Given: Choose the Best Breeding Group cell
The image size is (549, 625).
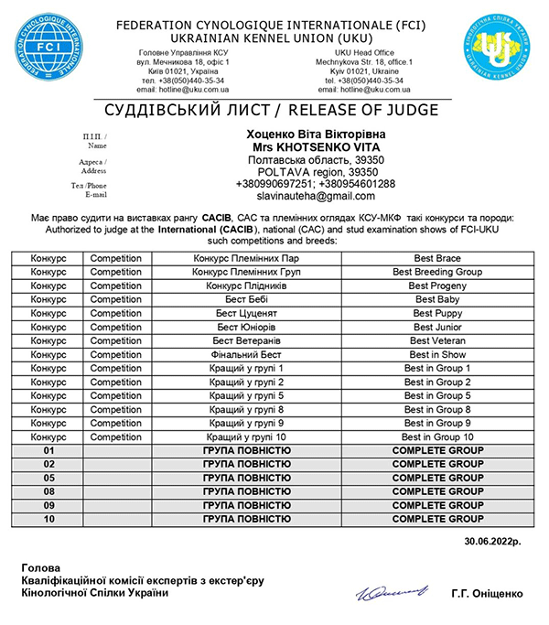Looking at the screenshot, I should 437,272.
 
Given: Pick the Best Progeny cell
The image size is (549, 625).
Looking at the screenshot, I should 437,286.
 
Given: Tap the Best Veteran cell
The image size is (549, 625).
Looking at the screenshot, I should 437,340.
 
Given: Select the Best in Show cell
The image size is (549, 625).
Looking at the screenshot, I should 437,354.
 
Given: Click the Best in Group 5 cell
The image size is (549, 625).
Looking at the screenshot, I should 437,395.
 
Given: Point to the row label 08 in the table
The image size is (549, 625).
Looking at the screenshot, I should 49,491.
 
